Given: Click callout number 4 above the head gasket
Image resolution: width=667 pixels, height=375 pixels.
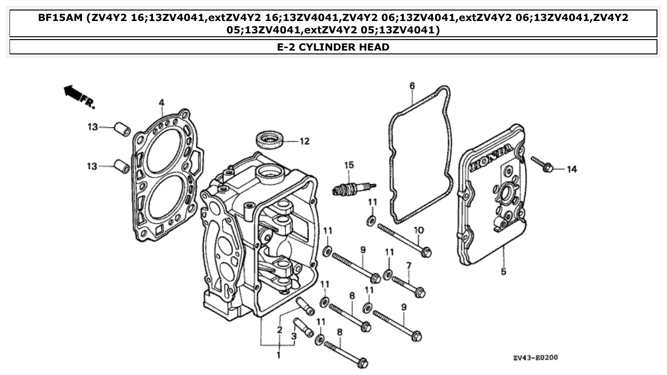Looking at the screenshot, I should coord(162,103).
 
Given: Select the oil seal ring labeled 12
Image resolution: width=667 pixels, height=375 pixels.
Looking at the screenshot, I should coord(270,140).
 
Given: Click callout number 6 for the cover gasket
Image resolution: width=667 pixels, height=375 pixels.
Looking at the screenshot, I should coord(412,86).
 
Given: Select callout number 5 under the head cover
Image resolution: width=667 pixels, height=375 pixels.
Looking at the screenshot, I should coord(503,272).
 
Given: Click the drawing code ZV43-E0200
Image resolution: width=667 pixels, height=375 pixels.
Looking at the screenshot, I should coord(535,358).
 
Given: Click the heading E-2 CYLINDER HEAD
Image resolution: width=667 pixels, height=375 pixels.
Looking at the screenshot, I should coord(333,47).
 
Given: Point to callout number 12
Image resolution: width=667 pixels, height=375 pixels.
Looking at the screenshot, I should coord(304,141).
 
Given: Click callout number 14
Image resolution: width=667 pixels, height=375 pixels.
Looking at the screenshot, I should coord(572,169).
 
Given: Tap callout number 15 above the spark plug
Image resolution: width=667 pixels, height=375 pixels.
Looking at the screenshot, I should coord(349,165).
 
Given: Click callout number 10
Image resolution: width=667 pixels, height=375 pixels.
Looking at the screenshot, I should coord(418,230).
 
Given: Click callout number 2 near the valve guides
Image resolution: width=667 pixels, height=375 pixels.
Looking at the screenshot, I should coord(280,329).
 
